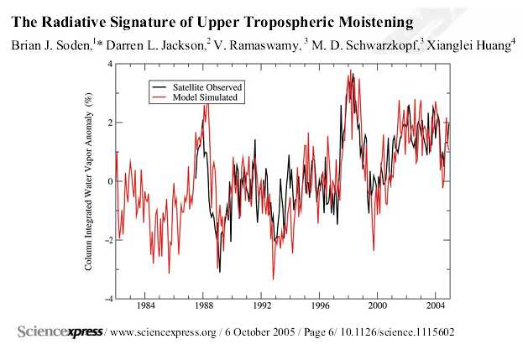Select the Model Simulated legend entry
click(x=203, y=97)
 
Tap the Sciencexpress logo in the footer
click(x=60, y=332)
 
